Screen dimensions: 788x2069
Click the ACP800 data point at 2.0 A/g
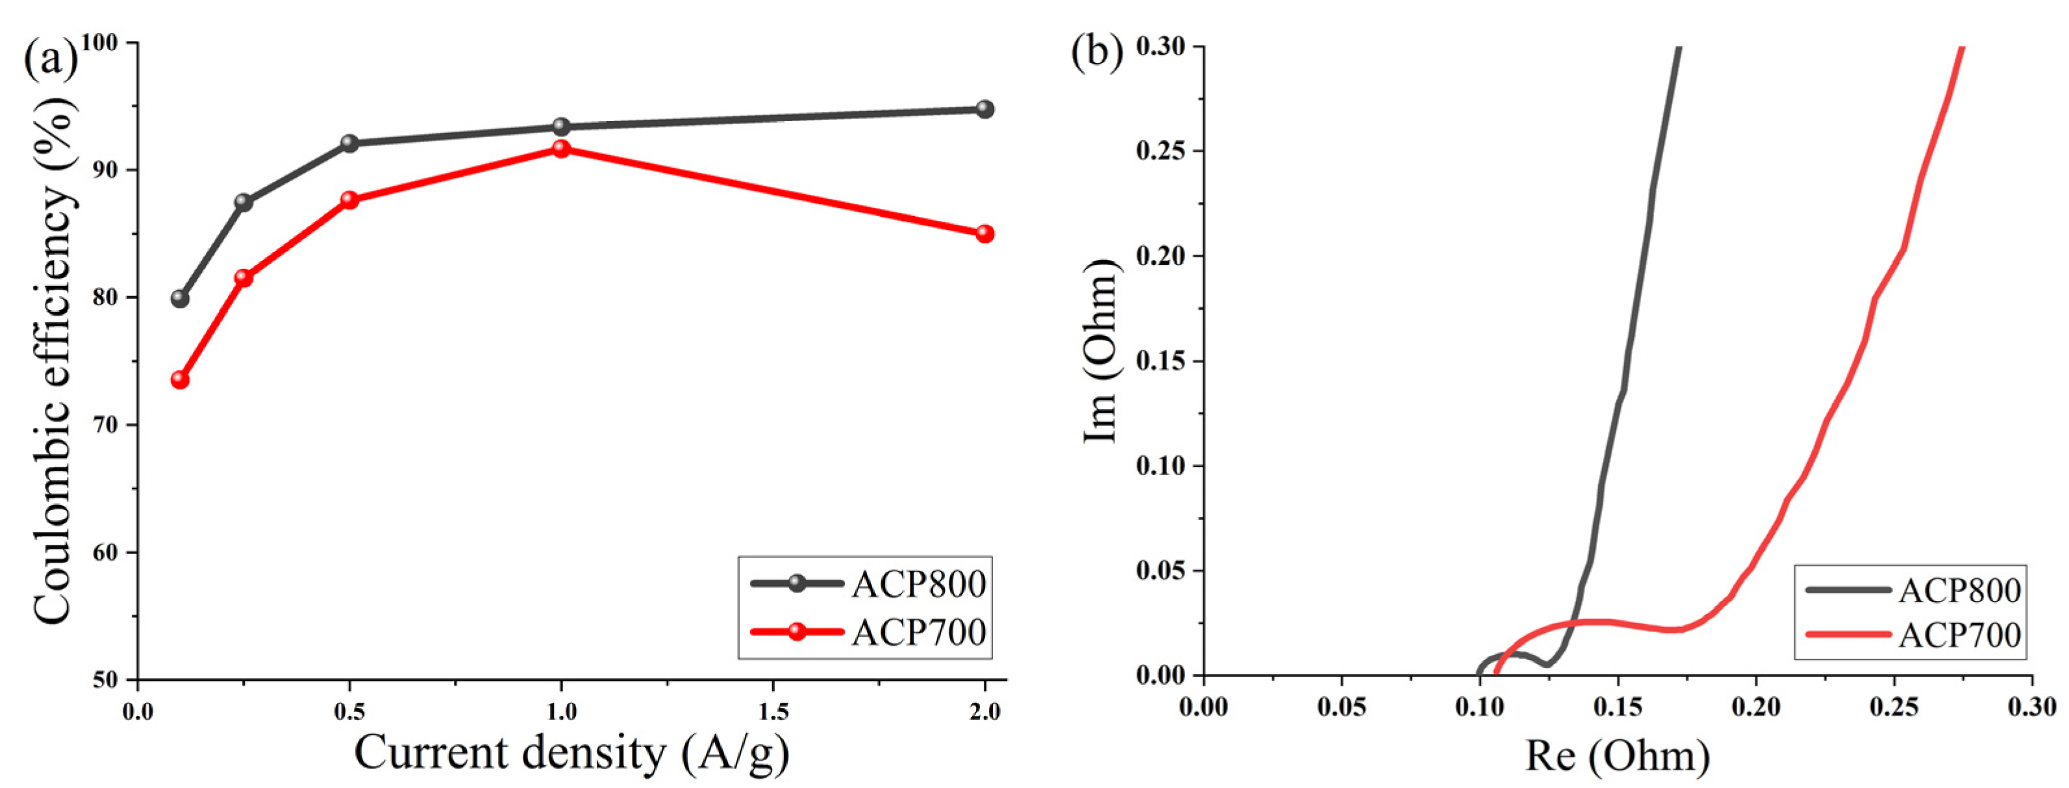point(984,109)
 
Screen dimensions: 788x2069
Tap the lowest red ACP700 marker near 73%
point(180,379)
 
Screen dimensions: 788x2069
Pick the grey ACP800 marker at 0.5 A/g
point(349,143)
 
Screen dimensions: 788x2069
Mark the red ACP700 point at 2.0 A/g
point(984,234)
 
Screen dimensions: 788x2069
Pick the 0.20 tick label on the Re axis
point(1757,707)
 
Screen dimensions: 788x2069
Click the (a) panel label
point(50,58)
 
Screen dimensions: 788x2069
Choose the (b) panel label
point(1097,52)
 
